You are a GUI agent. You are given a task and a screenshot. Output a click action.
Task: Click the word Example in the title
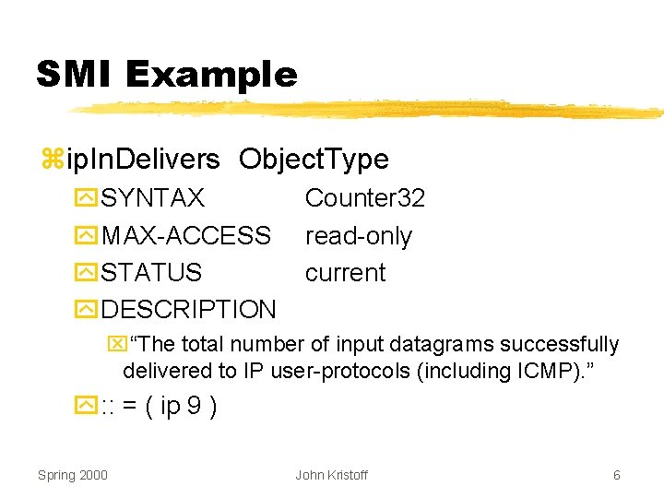(x=211, y=75)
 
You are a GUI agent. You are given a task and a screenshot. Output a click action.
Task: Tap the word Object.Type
(x=314, y=160)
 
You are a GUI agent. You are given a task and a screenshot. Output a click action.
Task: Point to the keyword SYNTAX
(x=153, y=198)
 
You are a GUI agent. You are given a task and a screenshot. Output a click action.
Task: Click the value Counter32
(x=364, y=198)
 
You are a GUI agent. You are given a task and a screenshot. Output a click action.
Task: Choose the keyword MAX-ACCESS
(x=186, y=236)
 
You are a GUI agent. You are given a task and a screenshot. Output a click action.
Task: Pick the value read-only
(x=358, y=236)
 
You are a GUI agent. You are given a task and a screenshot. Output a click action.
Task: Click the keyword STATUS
(x=151, y=273)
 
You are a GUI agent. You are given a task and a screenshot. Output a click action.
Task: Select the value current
(x=345, y=273)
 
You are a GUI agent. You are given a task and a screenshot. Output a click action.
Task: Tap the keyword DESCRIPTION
(x=188, y=310)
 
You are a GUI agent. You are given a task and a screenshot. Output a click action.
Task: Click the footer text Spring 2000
(x=72, y=475)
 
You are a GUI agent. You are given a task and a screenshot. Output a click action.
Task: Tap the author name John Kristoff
(x=331, y=475)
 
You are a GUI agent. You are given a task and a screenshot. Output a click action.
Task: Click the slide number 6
(x=616, y=475)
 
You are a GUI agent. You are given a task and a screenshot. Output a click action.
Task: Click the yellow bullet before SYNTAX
(x=87, y=198)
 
